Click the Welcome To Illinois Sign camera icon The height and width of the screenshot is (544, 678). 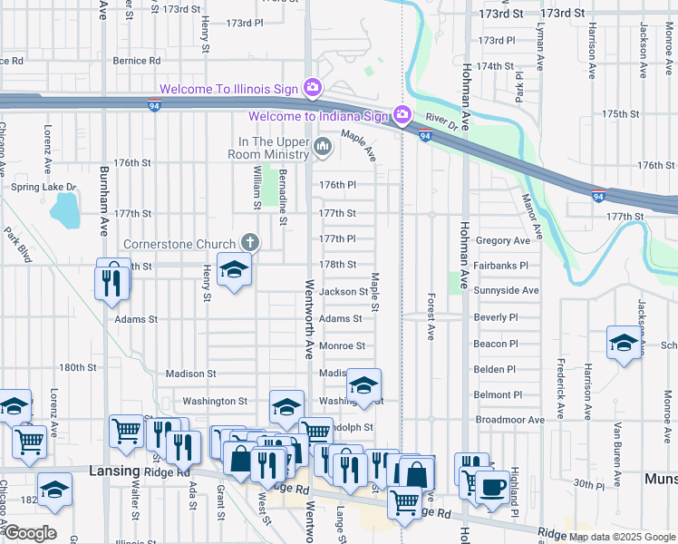[313, 88]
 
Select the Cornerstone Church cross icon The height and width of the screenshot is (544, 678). [250, 243]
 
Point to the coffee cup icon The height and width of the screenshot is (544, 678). [493, 488]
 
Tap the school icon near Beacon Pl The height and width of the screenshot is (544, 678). [624, 343]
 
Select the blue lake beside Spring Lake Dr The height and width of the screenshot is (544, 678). [65, 211]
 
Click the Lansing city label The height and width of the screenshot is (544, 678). [114, 471]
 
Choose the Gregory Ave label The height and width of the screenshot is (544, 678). [502, 241]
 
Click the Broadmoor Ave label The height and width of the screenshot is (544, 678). [509, 420]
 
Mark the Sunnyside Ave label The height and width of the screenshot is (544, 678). [506, 290]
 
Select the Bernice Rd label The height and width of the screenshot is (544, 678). [137, 61]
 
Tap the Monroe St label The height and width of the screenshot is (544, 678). [342, 345]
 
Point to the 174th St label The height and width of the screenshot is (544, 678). [496, 66]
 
